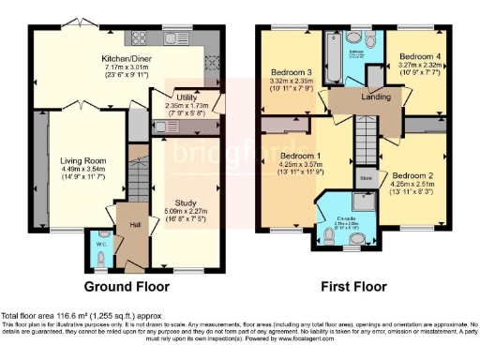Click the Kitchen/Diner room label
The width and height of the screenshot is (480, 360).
coord(127,57)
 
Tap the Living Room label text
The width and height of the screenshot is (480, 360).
coord(77,160)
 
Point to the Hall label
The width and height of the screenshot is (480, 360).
coord(135,224)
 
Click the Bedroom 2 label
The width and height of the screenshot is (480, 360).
coord(411,175)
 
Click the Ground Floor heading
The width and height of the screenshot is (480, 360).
coord(127,285)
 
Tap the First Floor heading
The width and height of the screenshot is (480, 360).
coord(350,285)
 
